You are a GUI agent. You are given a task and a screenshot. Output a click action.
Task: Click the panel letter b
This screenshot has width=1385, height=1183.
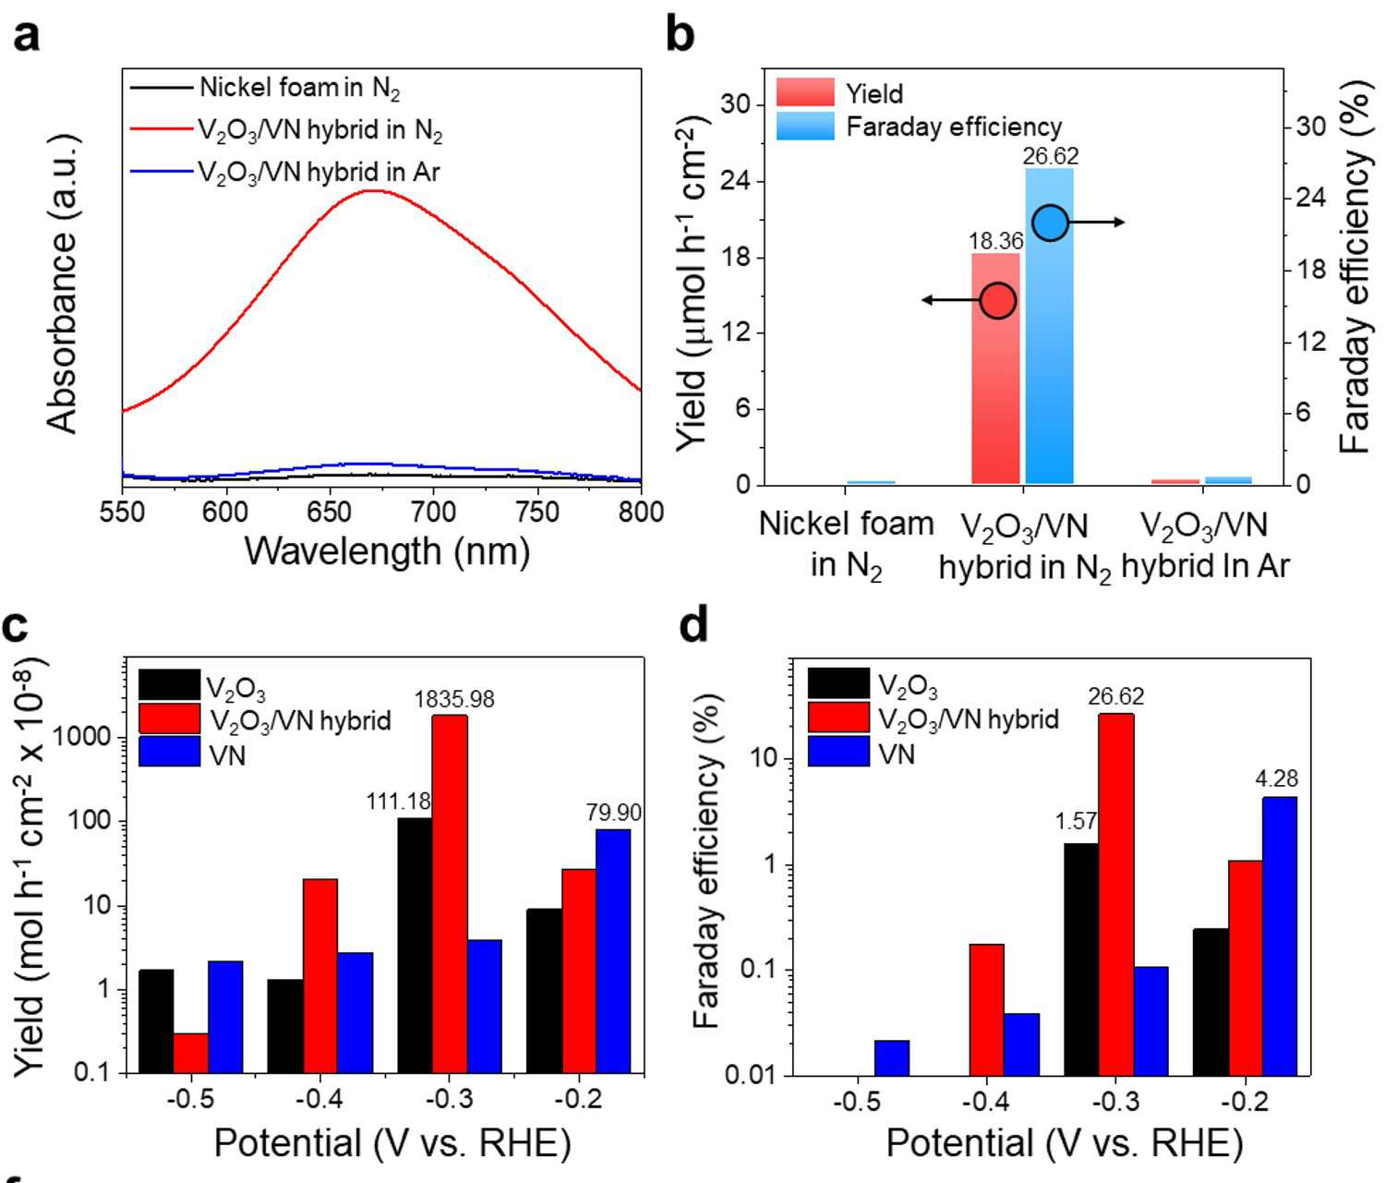[680, 35]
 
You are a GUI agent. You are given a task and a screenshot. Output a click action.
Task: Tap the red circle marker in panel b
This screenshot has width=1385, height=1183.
[998, 301]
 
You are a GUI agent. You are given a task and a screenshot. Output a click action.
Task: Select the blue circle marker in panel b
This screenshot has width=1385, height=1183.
[1049, 223]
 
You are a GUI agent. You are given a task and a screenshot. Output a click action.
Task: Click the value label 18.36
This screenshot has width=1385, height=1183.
[995, 241]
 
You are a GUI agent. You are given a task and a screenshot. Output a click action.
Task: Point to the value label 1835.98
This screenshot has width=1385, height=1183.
[453, 700]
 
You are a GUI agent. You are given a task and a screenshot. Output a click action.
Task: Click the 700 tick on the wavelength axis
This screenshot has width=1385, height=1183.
[433, 512]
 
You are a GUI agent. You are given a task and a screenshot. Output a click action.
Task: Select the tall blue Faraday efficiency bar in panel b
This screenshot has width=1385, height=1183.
[1049, 326]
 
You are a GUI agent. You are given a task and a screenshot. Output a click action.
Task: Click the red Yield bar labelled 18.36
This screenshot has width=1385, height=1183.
[995, 368]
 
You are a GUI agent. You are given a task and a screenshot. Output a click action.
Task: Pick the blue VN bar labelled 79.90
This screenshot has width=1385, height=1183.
[613, 951]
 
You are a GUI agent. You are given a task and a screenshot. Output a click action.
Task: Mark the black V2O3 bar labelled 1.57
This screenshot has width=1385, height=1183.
[1081, 960]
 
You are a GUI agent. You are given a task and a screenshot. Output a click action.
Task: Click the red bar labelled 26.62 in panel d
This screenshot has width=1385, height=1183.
[1115, 894]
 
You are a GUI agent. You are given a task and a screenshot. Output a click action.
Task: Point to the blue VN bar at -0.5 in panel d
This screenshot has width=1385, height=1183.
[892, 1057]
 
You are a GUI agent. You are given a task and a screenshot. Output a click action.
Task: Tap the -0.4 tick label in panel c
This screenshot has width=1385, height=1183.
[321, 1099]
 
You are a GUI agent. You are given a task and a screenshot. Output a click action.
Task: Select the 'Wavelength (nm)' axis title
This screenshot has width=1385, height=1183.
[387, 552]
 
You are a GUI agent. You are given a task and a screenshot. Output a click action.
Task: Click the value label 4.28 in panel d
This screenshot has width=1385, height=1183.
[1276, 779]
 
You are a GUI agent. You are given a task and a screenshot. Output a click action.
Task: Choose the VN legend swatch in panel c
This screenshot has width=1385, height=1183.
[170, 752]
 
